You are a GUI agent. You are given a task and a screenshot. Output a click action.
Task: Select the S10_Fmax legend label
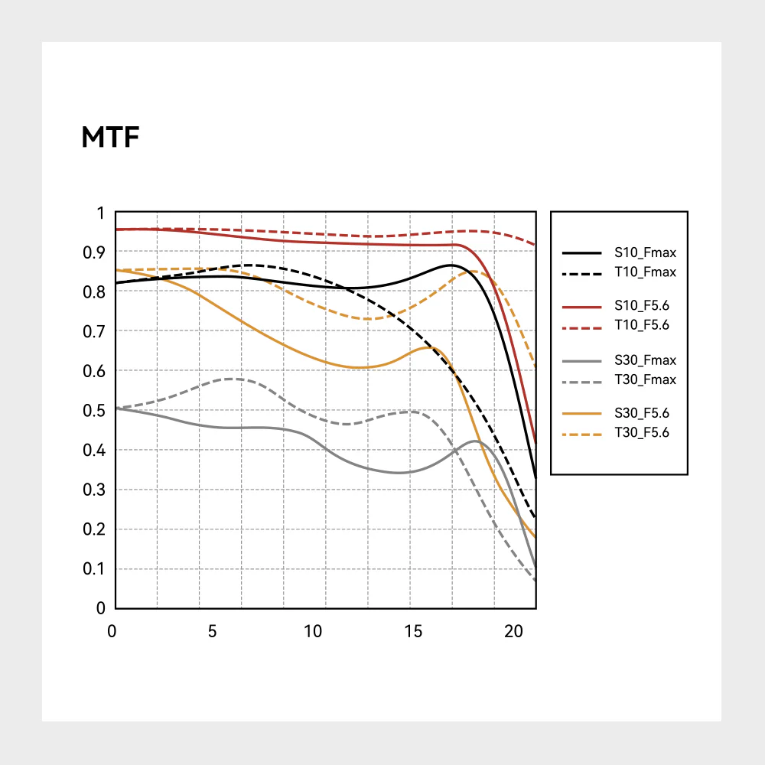(x=645, y=252)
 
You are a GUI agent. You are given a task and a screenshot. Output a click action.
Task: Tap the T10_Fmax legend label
(x=645, y=272)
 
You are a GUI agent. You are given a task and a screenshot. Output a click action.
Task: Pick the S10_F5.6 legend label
(x=645, y=306)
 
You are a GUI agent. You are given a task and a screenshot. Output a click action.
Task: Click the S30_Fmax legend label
(x=645, y=360)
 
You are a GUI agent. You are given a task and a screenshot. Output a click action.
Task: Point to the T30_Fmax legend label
(x=645, y=379)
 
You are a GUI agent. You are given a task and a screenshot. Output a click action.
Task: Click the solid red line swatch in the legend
(x=581, y=306)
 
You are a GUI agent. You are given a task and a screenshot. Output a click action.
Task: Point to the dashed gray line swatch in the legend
(x=581, y=379)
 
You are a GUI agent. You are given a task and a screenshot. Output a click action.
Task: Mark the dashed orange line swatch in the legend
(x=581, y=433)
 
